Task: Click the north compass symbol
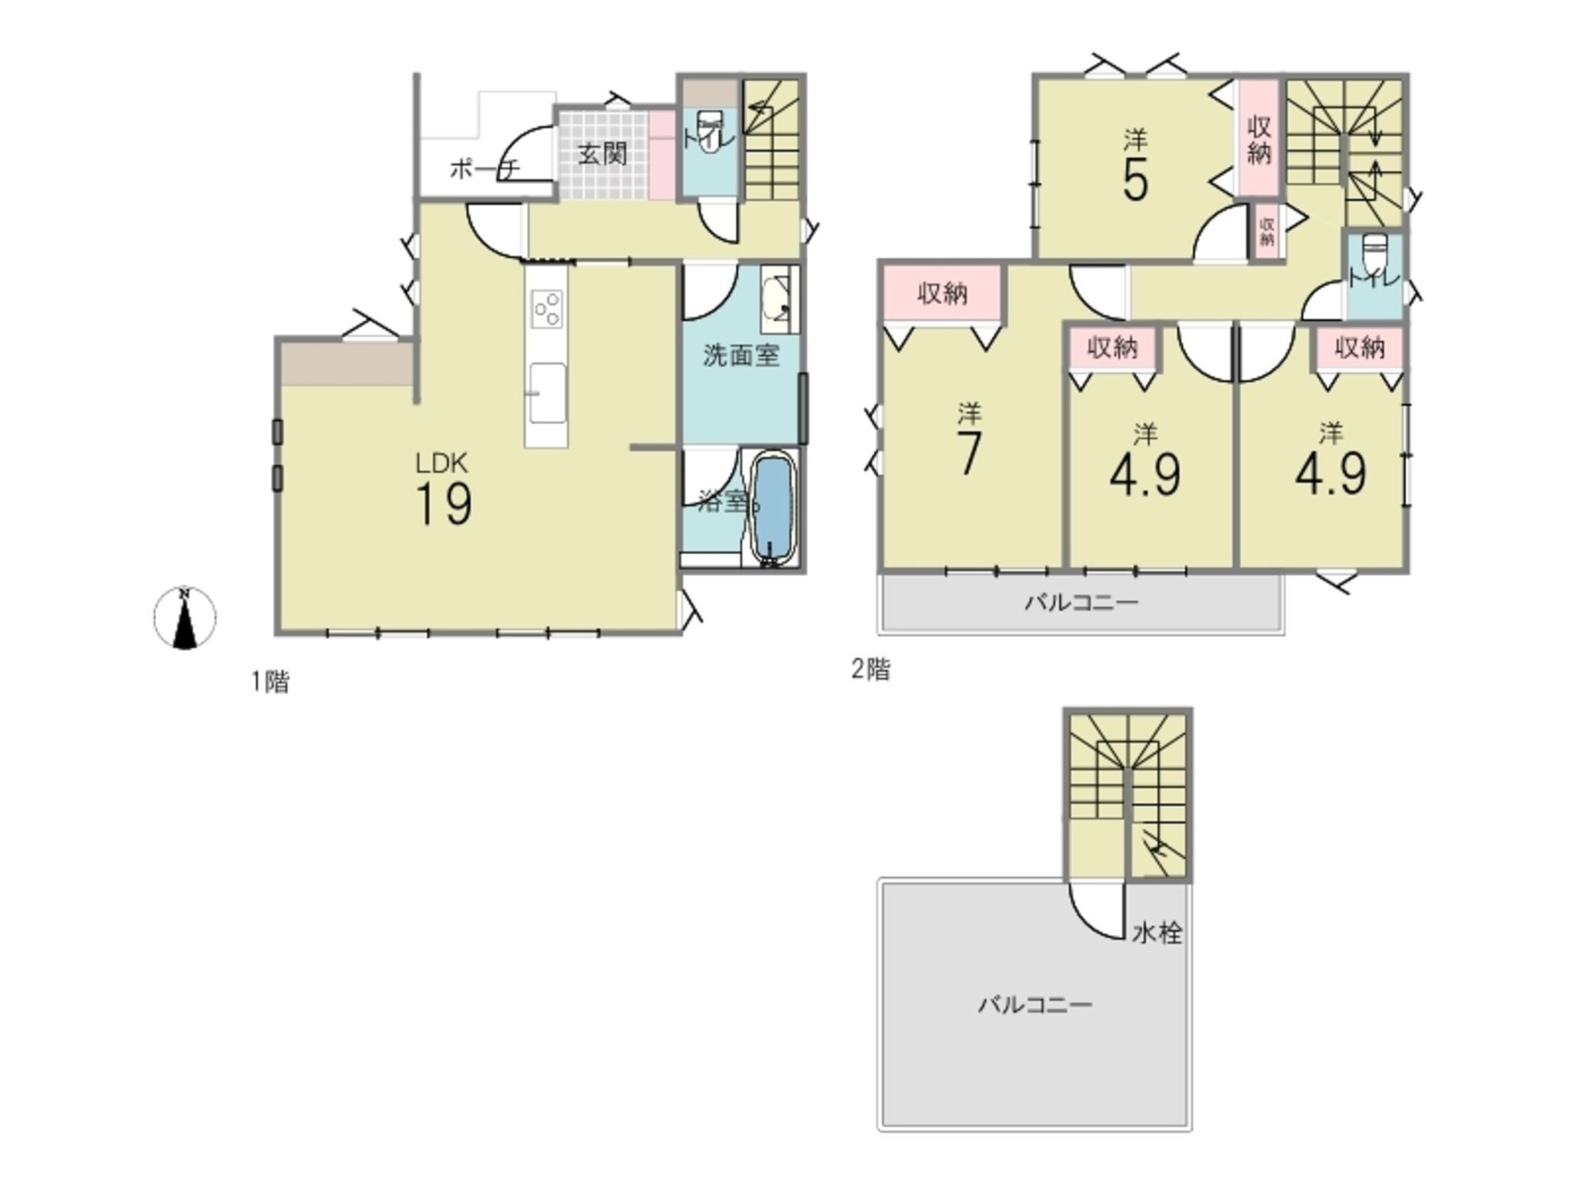[x=185, y=618]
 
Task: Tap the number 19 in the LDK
[x=444, y=505]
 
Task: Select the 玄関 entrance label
[x=602, y=154]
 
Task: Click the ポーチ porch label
[x=484, y=169]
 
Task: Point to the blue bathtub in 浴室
[x=771, y=508]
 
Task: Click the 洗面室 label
[x=741, y=355]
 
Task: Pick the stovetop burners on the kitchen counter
[x=548, y=309]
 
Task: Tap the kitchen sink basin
[x=548, y=392]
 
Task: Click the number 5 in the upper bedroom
[x=1135, y=181]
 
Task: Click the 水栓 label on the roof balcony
[x=1157, y=933]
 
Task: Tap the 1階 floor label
[x=271, y=682]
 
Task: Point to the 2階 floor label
[x=871, y=669]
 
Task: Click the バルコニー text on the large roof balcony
[x=1035, y=1004]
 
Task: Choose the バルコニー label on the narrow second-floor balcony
[x=1081, y=602]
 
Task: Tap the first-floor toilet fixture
[x=709, y=131]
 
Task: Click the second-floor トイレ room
[x=1374, y=275]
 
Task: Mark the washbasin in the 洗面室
[x=778, y=299]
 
